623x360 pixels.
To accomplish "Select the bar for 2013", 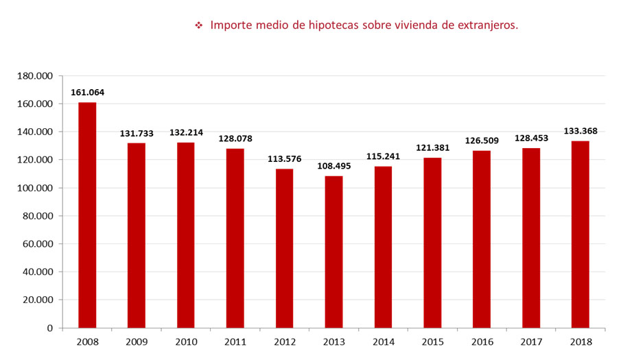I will click(x=333, y=252).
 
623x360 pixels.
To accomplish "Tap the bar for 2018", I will click(x=580, y=234).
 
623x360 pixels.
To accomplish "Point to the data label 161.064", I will click(x=87, y=93).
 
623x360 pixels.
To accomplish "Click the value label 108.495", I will click(x=333, y=166).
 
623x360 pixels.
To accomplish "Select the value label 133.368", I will click(x=580, y=131).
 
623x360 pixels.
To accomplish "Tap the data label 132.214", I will click(x=186, y=132).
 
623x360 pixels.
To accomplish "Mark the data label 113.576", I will click(x=284, y=159).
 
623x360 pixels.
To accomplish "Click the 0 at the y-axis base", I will click(x=50, y=328).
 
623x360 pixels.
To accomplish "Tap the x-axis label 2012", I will click(x=284, y=341).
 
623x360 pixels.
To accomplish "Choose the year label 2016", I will click(x=482, y=341).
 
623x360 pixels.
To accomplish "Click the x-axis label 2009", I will click(x=137, y=341).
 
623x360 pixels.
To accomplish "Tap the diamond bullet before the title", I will click(x=199, y=25).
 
